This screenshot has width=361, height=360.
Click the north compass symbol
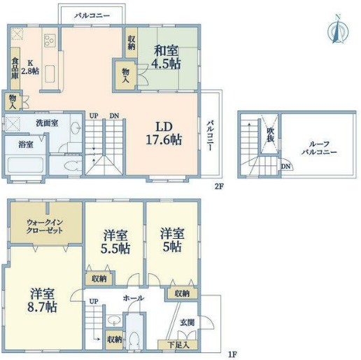point(338,29)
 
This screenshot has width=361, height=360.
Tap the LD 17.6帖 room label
point(164,133)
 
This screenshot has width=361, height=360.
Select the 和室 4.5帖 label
point(166,57)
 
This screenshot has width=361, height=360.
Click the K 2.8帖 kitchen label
point(30,67)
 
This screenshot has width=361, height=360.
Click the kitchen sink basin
point(50,74)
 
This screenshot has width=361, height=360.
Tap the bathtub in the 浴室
point(25,165)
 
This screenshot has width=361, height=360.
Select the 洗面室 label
point(47,123)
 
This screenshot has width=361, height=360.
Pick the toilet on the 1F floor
point(134,340)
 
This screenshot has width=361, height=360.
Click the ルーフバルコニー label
point(319,148)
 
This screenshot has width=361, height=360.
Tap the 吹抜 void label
point(270,134)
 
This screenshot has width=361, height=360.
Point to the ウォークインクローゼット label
point(45,226)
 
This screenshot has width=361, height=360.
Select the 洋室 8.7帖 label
point(42,300)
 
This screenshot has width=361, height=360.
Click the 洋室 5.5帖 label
point(115,242)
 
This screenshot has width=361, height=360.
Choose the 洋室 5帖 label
point(172,240)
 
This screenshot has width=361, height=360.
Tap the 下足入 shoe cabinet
point(178,345)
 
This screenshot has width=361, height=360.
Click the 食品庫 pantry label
point(15,69)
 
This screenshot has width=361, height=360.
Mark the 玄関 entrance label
point(187,323)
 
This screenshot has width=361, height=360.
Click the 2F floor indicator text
point(219,186)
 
